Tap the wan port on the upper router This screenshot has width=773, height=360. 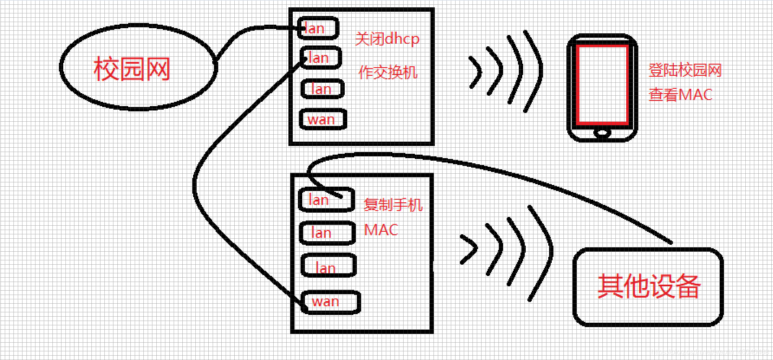(323, 119)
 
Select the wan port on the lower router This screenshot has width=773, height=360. (330, 302)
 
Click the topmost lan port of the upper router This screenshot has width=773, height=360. (317, 29)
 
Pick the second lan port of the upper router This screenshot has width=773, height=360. (320, 58)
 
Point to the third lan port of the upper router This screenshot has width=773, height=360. (322, 89)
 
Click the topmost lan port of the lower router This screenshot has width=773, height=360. (326, 200)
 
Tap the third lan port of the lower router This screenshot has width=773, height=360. (328, 266)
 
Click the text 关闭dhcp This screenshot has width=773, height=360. (387, 39)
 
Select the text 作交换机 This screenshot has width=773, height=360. (388, 72)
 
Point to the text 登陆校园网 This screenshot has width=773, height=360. (685, 70)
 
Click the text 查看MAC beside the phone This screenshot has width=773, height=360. (680, 94)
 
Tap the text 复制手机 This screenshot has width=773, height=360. (393, 204)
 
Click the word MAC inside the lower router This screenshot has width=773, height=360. (381, 230)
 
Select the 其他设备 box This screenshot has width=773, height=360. (648, 286)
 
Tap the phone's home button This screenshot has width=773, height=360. (602, 133)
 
